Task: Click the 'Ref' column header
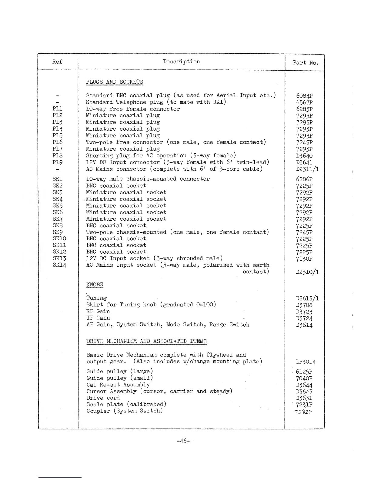pos(57,62)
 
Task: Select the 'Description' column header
pos(181,62)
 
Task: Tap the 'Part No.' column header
pos(306,63)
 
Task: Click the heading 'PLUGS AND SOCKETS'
pos(114,82)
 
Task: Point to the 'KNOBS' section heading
pos(95,285)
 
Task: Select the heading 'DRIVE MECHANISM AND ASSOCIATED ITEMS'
pos(146,342)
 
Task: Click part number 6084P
pos(304,96)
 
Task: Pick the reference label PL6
pos(57,142)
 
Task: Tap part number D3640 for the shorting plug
pos(304,156)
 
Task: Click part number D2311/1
pos(307,169)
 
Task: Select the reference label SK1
pos(57,179)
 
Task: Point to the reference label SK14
pos(59,265)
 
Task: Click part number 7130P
pos(304,259)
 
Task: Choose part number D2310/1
pos(307,272)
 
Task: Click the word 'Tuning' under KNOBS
pos(96,298)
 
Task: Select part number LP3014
pos(306,362)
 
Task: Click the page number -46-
pos(183,441)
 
